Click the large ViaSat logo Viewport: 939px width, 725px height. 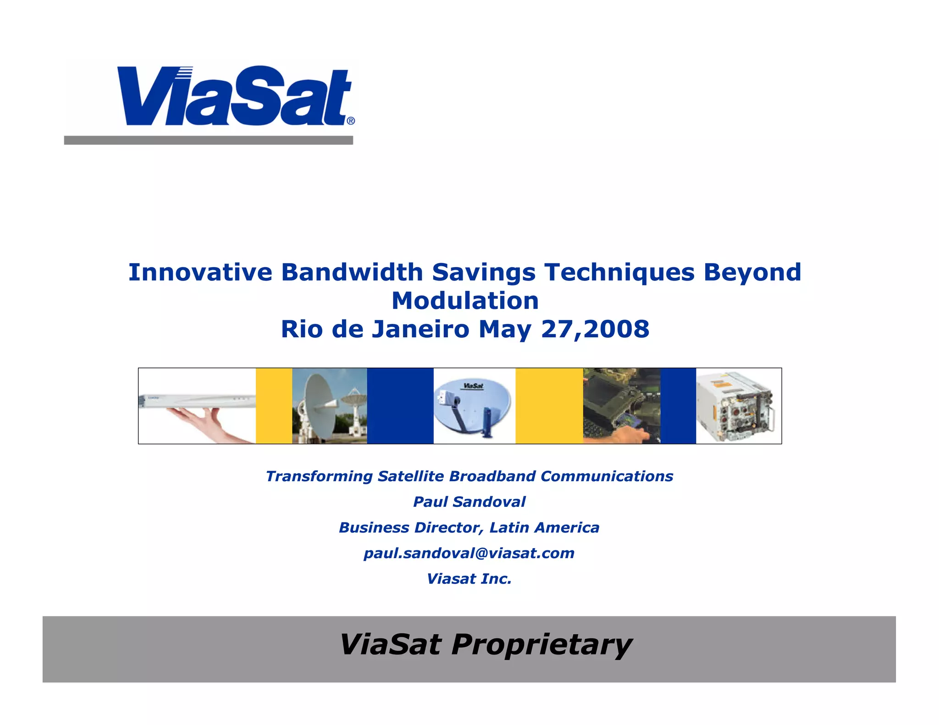tap(234, 96)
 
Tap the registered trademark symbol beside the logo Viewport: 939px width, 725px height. tap(351, 121)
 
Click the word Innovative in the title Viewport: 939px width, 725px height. tap(200, 272)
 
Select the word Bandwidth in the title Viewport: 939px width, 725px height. tap(352, 272)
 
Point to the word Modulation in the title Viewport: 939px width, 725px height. tap(465, 301)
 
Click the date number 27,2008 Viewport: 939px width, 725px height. tap(595, 330)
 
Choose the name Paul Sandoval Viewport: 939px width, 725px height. tap(469, 502)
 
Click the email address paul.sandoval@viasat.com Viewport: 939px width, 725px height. tap(469, 553)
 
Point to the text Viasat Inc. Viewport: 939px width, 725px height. tap(469, 579)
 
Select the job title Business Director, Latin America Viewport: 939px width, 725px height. tap(469, 527)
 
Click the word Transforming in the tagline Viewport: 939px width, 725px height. tap(319, 477)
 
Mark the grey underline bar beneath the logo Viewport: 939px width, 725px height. tap(209, 140)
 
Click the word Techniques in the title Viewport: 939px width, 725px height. tap(619, 272)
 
